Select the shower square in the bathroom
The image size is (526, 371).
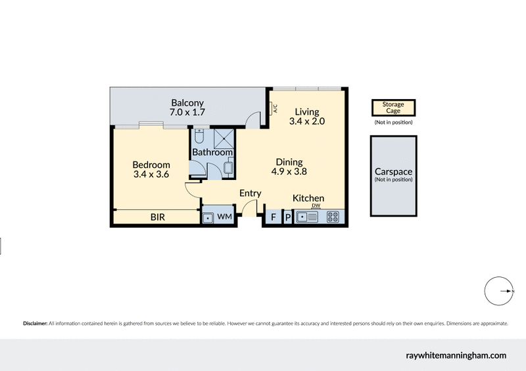click(222, 138)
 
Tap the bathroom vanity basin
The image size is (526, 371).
click(227, 169)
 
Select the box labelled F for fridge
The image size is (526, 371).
click(273, 217)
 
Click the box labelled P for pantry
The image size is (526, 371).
click(287, 217)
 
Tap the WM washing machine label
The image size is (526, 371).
click(225, 216)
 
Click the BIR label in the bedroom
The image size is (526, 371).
click(158, 217)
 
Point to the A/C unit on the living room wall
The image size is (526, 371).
click(274, 109)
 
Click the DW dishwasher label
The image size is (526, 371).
click(316, 206)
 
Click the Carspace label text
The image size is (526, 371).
click(393, 172)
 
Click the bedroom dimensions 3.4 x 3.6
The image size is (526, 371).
click(151, 175)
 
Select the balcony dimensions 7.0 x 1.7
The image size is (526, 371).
click(187, 112)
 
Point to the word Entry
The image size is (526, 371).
click(250, 193)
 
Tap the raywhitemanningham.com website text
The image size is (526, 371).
click(456, 355)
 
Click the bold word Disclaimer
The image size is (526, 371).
click(35, 324)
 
